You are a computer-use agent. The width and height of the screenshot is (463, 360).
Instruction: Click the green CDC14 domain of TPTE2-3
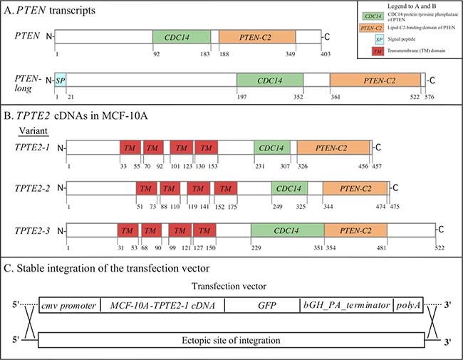[x=287, y=230]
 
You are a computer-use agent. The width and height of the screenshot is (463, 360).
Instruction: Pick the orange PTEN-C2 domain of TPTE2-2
[x=355, y=189]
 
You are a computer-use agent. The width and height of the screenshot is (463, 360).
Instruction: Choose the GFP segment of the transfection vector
[x=262, y=304]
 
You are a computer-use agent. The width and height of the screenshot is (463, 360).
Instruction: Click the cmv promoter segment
[x=69, y=304]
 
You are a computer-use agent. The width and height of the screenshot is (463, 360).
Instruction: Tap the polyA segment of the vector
[x=409, y=304]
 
